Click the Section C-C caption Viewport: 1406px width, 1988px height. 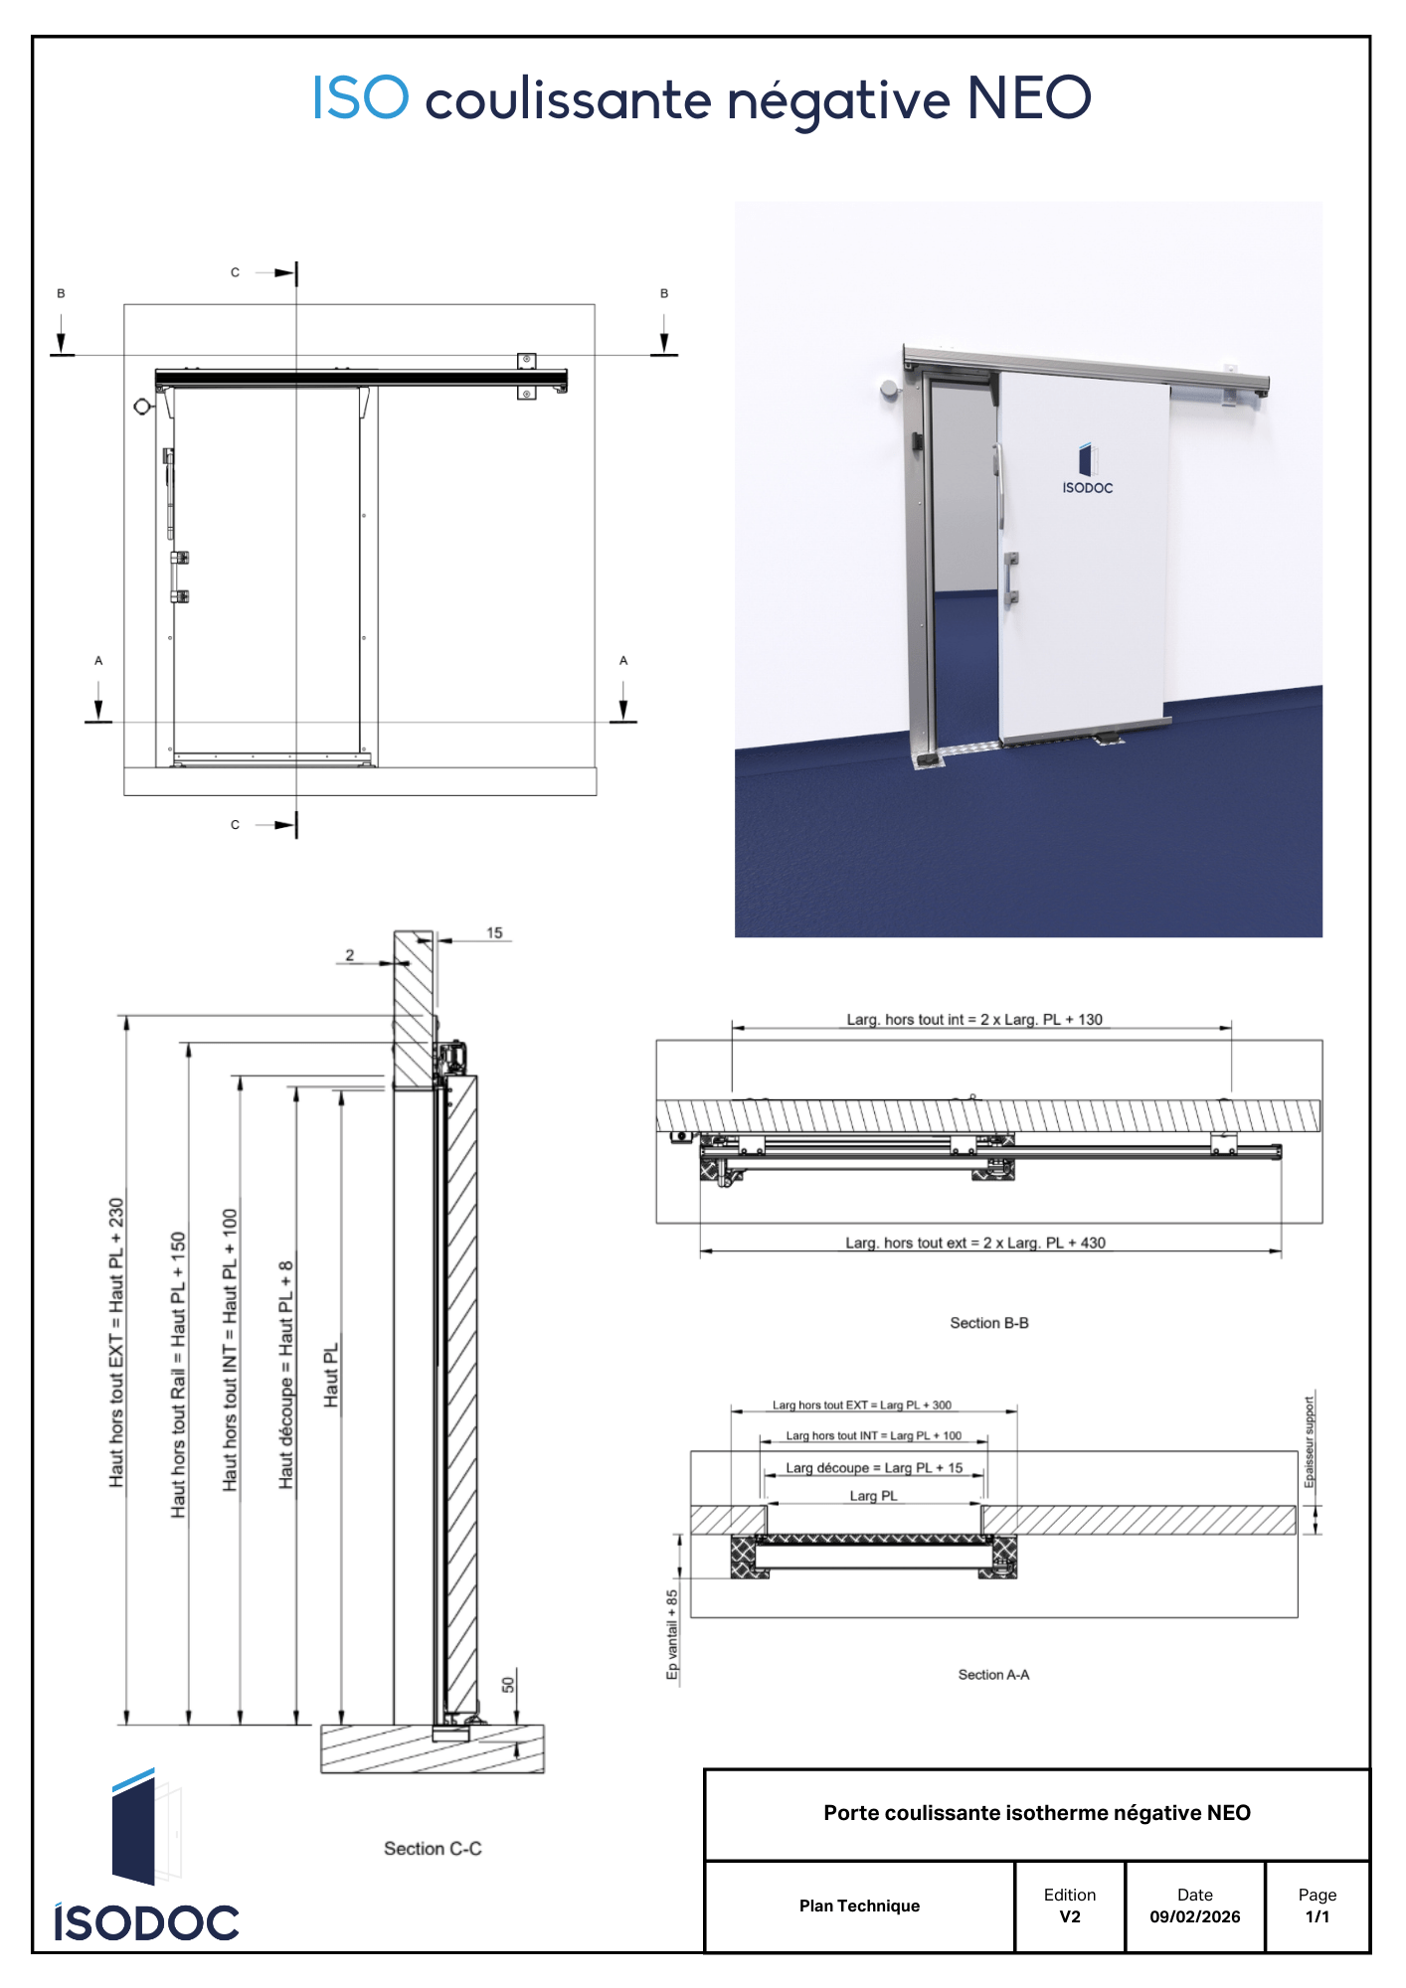[433, 1848]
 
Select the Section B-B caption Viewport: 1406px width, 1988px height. [988, 1323]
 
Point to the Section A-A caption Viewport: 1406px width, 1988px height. [993, 1675]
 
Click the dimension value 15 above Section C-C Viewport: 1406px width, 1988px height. [494, 932]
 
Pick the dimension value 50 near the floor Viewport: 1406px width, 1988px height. [508, 1685]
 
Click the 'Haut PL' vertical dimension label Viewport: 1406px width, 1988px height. [331, 1375]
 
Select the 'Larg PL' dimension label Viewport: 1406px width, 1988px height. [873, 1496]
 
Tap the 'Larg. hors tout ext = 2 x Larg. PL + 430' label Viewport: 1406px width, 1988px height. [975, 1242]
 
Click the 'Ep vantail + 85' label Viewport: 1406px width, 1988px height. [672, 1634]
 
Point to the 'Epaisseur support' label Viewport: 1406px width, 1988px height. [1309, 1441]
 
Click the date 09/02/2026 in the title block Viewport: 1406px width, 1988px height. [1194, 1916]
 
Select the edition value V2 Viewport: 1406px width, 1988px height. [1069, 1916]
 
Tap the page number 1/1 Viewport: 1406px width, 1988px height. [1317, 1916]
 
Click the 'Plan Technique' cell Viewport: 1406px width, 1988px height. [859, 1905]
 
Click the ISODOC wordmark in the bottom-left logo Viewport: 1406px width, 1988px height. [146, 1922]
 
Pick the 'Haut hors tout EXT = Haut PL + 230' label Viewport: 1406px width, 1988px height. [116, 1342]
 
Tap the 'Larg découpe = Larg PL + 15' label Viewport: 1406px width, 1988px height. [874, 1468]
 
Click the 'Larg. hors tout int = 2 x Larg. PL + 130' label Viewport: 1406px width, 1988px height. [974, 1019]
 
